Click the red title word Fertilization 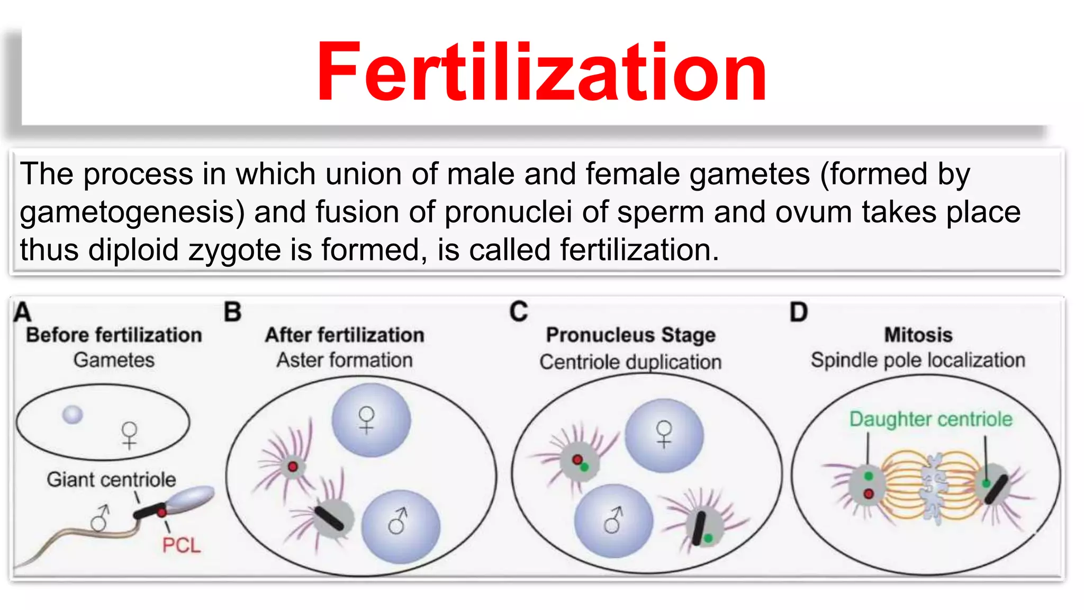coord(541,73)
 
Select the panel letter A coord(22,312)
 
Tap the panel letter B coord(232,312)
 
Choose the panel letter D coord(798,312)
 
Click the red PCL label coord(181,545)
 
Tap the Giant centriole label coord(111,480)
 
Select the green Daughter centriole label coord(931,419)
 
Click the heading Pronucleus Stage coord(630,335)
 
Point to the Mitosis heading coord(918,335)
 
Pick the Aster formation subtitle coord(345,361)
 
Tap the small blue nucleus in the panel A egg coord(73,415)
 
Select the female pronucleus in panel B coord(371,420)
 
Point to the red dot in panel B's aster coord(293,467)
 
